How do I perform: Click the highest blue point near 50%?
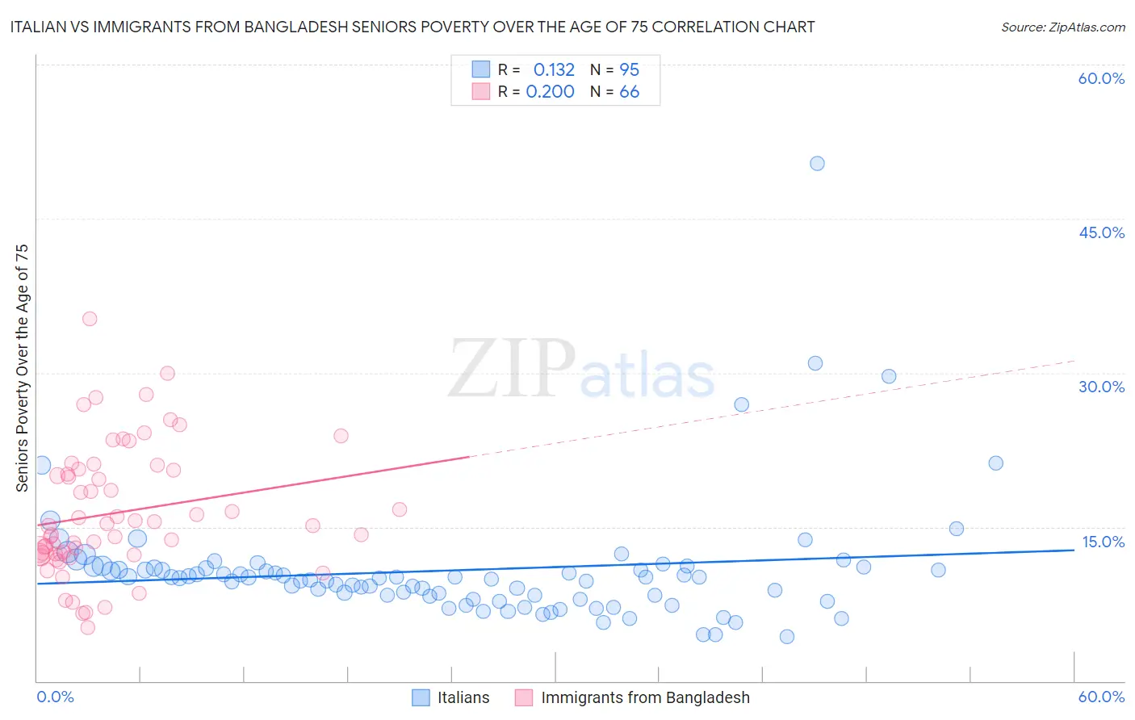point(817,163)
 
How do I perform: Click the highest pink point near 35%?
point(90,319)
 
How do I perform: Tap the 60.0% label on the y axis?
point(1101,78)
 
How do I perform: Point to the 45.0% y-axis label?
point(1101,232)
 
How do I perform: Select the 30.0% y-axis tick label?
point(1101,387)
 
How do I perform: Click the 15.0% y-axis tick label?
point(1103,542)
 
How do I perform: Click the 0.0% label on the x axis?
point(55,697)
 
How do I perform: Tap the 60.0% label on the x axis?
point(1101,697)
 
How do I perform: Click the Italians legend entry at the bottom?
point(463,697)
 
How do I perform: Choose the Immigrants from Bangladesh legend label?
point(645,697)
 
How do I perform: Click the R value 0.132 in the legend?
point(554,69)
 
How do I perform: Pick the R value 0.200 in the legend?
point(550,92)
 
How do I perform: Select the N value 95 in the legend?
point(629,69)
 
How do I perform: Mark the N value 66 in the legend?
point(629,92)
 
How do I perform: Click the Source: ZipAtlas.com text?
point(1062,27)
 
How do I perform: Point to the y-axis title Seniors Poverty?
point(23,367)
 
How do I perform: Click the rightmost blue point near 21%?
point(995,463)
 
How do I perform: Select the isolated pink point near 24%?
point(341,436)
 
